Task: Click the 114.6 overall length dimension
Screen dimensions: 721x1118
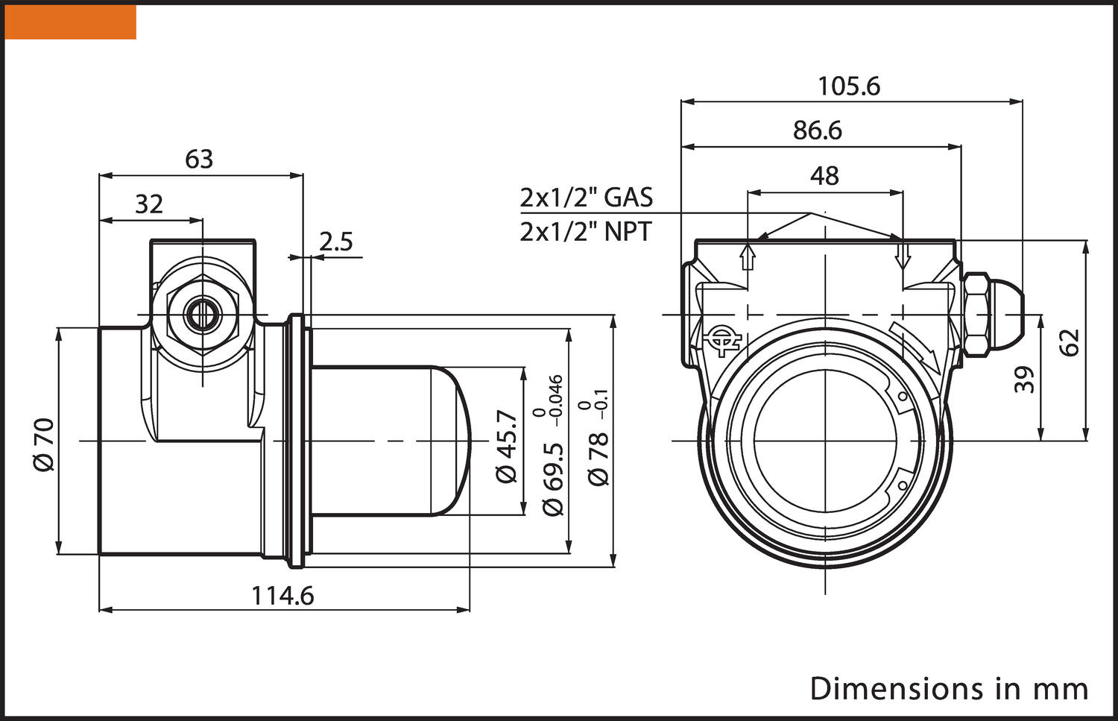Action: point(282,596)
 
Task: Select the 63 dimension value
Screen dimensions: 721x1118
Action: point(199,159)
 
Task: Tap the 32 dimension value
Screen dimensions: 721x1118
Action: point(149,204)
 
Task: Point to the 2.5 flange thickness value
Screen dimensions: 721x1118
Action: point(335,242)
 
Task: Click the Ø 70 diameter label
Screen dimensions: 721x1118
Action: point(45,444)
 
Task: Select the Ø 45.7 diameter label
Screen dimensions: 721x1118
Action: point(507,447)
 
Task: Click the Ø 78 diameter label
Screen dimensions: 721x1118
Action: point(599,459)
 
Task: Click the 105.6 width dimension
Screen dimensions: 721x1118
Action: point(848,86)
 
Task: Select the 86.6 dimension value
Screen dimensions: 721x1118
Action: point(817,130)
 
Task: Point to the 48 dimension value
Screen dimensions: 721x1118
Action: point(824,176)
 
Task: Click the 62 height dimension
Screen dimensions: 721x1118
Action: point(1070,342)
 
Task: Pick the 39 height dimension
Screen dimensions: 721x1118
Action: point(1026,380)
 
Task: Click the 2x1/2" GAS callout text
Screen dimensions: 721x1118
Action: point(586,198)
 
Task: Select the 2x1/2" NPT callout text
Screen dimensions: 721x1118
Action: point(585,232)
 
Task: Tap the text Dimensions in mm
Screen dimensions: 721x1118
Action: point(948,688)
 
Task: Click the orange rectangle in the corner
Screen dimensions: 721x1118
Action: point(71,22)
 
